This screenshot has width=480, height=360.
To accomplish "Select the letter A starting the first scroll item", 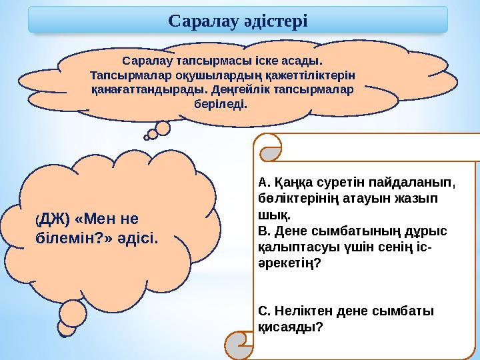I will pos(261,181).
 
